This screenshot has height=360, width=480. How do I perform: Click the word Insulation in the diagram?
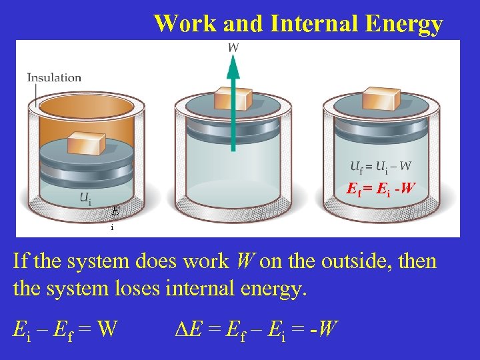54,77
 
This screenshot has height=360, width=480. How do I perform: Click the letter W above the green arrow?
234,47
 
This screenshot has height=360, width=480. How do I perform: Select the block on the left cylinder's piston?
86,143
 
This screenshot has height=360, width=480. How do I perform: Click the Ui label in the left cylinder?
86,198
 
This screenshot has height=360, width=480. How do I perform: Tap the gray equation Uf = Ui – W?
381,166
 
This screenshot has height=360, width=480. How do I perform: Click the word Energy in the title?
403,25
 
